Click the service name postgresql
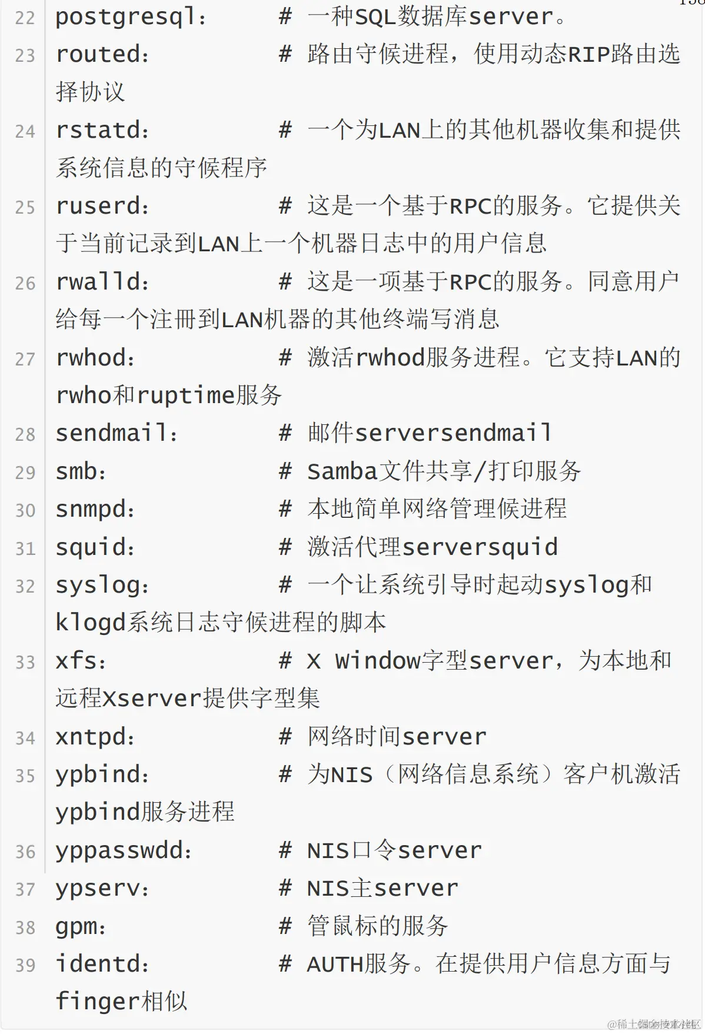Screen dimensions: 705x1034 click(125, 17)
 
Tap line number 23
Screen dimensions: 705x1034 click(25, 56)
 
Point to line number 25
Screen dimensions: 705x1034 click(25, 208)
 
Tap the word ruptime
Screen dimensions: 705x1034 click(186, 395)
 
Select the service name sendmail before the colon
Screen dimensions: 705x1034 click(112, 434)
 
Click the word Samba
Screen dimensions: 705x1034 click(342, 471)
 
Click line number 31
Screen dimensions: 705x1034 click(25, 549)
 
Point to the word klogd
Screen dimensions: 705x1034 click(91, 623)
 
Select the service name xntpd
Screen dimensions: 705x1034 click(91, 737)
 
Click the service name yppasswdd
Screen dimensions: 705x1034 click(119, 851)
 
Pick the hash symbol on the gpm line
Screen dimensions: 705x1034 click(285, 927)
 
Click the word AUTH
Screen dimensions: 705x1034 click(335, 965)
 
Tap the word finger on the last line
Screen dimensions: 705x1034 click(98, 1002)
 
